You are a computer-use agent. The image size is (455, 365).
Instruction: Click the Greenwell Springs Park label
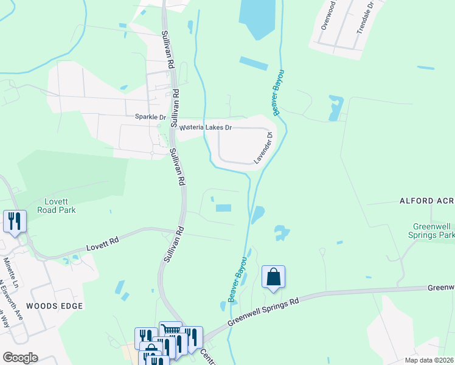click(430, 231)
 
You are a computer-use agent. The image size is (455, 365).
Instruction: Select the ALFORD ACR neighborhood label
click(426, 200)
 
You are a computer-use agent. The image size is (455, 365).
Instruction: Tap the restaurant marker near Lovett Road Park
click(15, 221)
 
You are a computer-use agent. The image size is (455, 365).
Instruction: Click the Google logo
click(19, 358)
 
